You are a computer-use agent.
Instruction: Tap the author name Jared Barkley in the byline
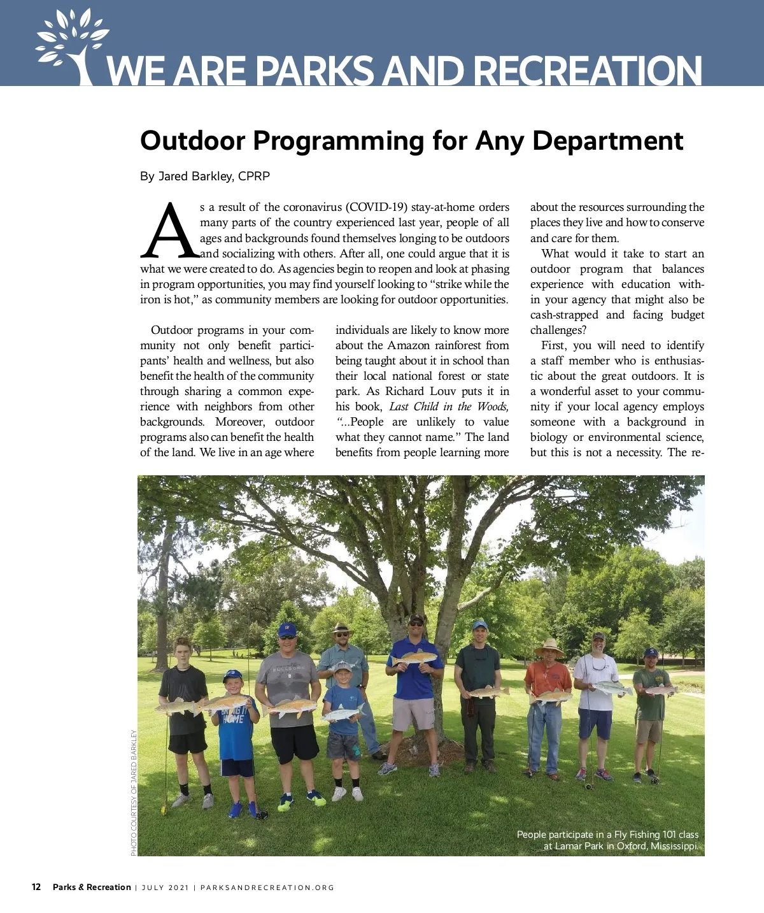pyautogui.click(x=195, y=176)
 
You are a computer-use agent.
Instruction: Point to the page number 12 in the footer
pyautogui.click(x=36, y=887)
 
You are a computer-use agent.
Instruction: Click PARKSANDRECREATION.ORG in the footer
pyautogui.click(x=267, y=888)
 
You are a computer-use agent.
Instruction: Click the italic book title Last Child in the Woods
pyautogui.click(x=449, y=406)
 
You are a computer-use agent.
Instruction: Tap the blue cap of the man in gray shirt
pyautogui.click(x=287, y=629)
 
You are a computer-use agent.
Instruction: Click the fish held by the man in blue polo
pyautogui.click(x=414, y=657)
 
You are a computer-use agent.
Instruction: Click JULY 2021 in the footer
pyautogui.click(x=165, y=888)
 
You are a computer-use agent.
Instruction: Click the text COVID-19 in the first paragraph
pyautogui.click(x=378, y=207)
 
